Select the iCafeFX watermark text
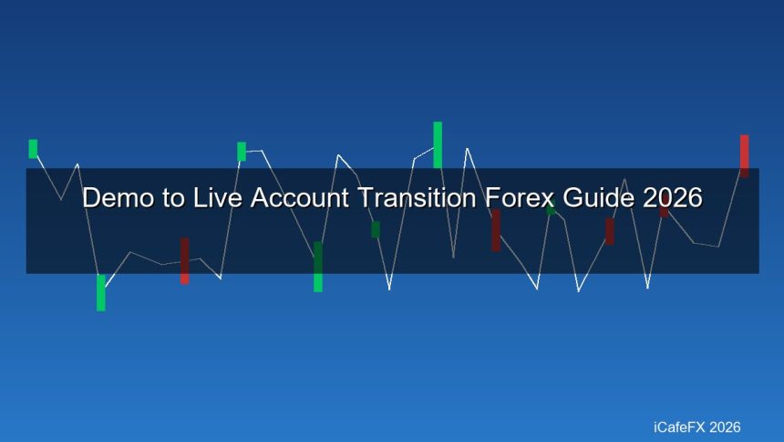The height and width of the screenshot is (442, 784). [676, 426]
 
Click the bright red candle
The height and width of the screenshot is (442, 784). [744, 155]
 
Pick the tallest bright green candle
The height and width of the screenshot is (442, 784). [438, 144]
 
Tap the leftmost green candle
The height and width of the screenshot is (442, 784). [33, 148]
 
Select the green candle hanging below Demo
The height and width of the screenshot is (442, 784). [101, 292]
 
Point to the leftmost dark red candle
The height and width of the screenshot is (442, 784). [184, 261]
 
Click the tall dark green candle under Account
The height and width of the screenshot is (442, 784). [317, 267]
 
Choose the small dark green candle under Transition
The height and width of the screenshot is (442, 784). [376, 229]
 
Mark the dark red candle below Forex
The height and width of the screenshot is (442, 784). [496, 230]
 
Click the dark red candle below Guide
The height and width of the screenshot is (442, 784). [610, 231]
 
